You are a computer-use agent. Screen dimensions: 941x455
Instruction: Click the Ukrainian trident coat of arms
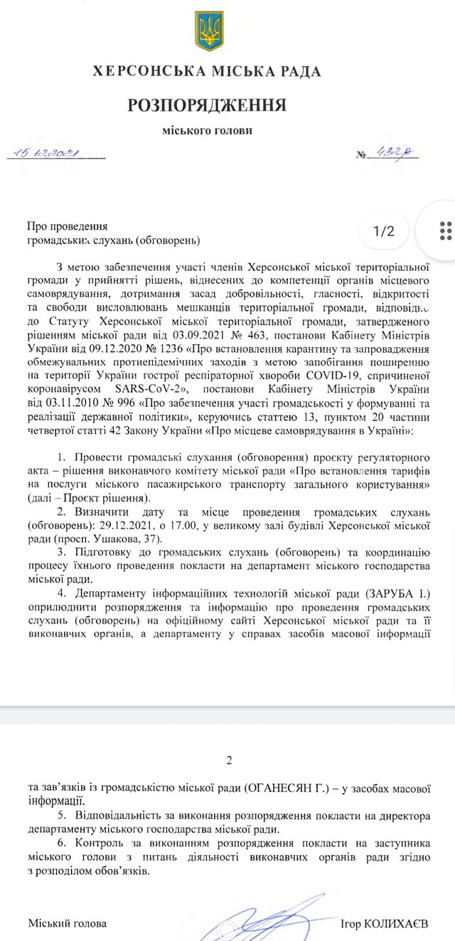pyautogui.click(x=209, y=31)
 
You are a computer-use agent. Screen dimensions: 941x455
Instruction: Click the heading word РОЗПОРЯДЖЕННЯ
pyautogui.click(x=207, y=106)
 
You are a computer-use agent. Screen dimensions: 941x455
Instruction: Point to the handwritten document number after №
pyautogui.click(x=396, y=154)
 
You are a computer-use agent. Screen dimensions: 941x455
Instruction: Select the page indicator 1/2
pyautogui.click(x=383, y=231)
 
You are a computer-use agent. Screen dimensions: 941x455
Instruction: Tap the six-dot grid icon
pyautogui.click(x=446, y=231)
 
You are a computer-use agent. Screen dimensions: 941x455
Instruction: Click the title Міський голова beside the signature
pyautogui.click(x=68, y=923)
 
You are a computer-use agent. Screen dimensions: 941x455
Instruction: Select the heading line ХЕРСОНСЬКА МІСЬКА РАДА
pyautogui.click(x=207, y=72)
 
